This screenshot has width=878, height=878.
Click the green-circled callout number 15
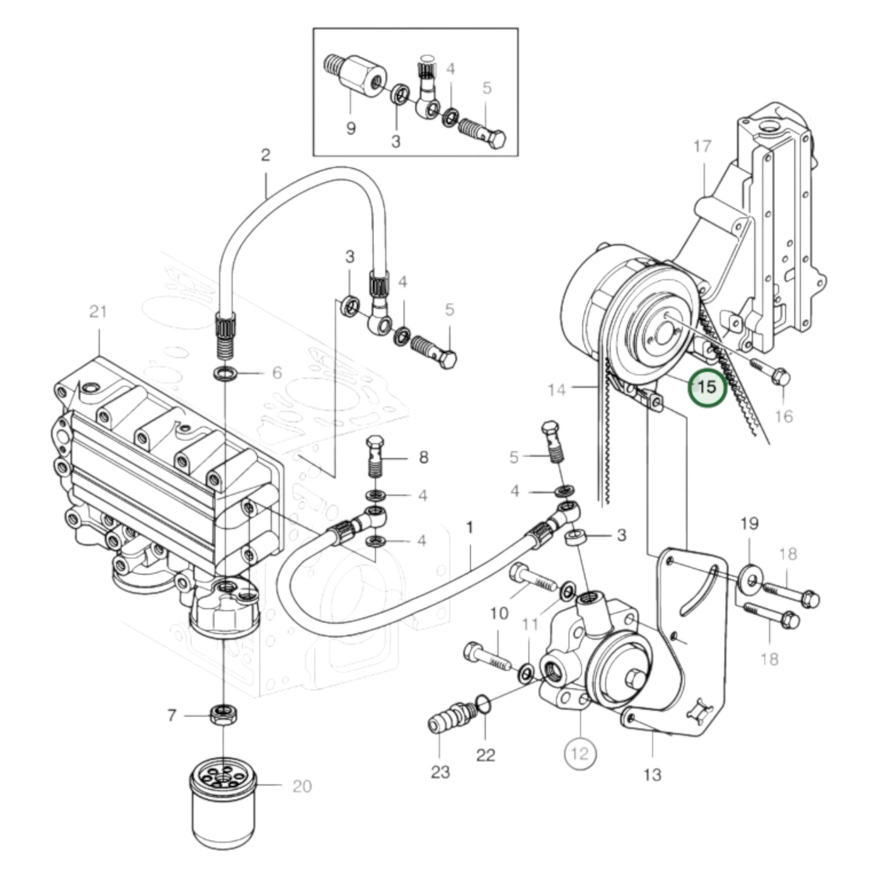(707, 386)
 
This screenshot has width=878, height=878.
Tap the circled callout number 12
(580, 753)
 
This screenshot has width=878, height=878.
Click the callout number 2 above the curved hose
(265, 155)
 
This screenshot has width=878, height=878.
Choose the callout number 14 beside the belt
(557, 389)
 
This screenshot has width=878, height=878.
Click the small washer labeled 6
(225, 372)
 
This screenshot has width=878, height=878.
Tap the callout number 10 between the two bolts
(498, 614)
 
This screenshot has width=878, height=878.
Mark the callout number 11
(530, 623)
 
